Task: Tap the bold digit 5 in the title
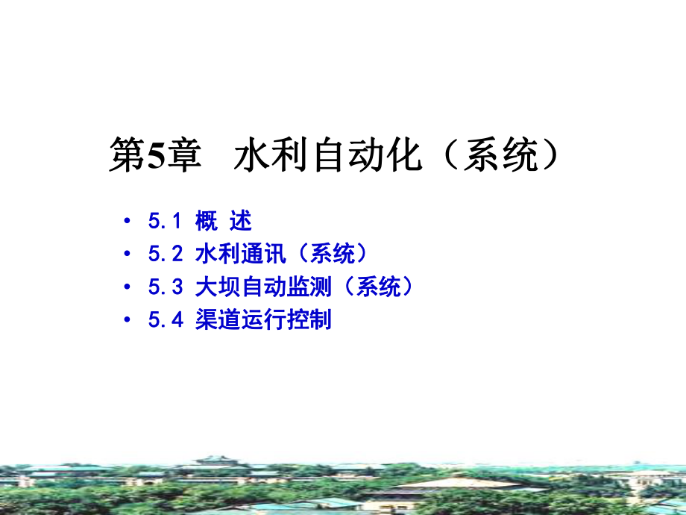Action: pos(154,157)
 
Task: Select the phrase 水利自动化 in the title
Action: pos(328,157)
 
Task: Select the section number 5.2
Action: pos(165,255)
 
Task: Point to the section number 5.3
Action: pos(165,287)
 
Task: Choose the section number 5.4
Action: pos(165,321)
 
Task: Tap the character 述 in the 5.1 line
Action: pos(241,221)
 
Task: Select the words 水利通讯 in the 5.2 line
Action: pos(240,255)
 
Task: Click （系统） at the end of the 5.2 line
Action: pos(329,255)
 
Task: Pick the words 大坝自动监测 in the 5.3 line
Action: pos(262,287)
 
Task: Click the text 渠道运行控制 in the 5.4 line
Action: pos(262,321)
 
